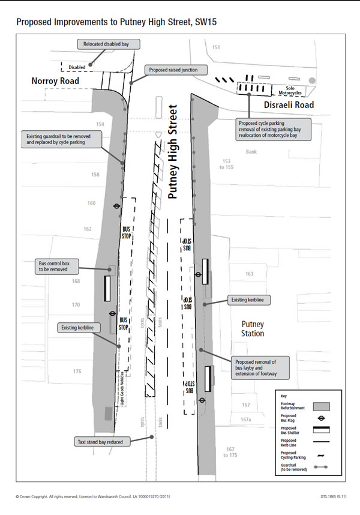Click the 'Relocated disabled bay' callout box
108,44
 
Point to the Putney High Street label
174,152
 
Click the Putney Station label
253,328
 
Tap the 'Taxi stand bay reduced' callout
100,442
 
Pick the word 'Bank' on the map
251,152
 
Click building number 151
216,47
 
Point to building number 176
77,372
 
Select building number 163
249,274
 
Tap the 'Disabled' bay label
76,67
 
